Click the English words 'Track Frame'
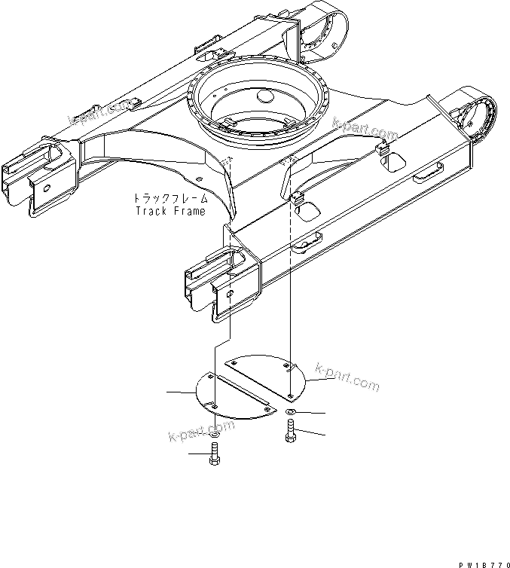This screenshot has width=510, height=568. tap(169, 211)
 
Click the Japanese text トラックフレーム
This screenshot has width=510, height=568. tap(169, 199)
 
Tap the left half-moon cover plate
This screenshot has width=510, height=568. tap(230, 393)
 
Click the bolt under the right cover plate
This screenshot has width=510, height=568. tap(290, 433)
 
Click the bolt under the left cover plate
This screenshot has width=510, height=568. tap(215, 457)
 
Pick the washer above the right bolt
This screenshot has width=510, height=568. tap(291, 414)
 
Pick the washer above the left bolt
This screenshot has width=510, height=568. tap(215, 435)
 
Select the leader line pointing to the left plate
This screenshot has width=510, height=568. tap(181, 392)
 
